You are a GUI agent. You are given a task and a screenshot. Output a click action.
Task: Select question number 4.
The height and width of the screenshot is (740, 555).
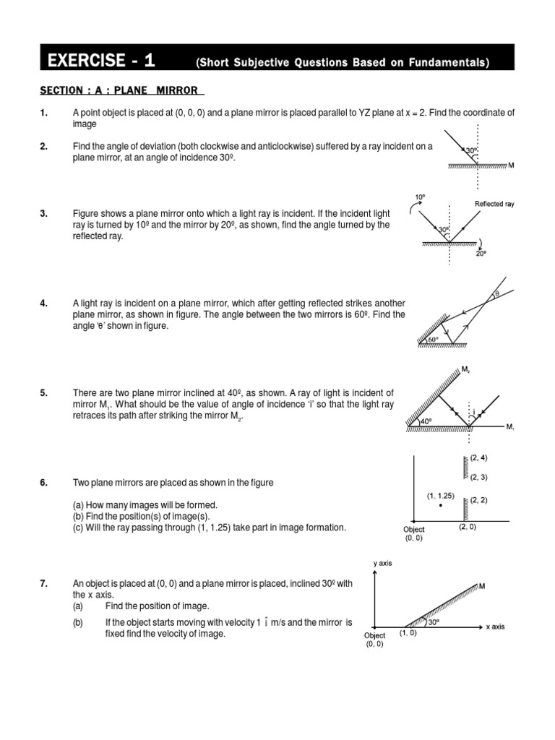click(x=44, y=304)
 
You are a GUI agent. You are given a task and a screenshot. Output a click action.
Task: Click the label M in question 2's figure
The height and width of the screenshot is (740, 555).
click(x=511, y=165)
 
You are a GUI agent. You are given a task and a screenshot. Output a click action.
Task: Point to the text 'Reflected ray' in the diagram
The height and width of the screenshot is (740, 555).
click(x=494, y=205)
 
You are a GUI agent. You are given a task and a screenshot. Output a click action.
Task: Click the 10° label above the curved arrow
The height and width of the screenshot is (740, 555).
click(x=420, y=197)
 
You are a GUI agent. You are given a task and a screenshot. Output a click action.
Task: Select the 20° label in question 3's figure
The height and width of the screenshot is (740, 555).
click(x=481, y=254)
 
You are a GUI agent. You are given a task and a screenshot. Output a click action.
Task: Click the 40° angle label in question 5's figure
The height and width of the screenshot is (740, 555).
click(x=426, y=421)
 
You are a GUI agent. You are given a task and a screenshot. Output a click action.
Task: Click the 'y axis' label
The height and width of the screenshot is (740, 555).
click(x=382, y=563)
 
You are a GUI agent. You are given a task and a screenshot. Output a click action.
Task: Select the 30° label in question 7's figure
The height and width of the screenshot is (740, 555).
click(x=434, y=621)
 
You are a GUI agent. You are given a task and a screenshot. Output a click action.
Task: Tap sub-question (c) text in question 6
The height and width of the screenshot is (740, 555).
click(x=210, y=528)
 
